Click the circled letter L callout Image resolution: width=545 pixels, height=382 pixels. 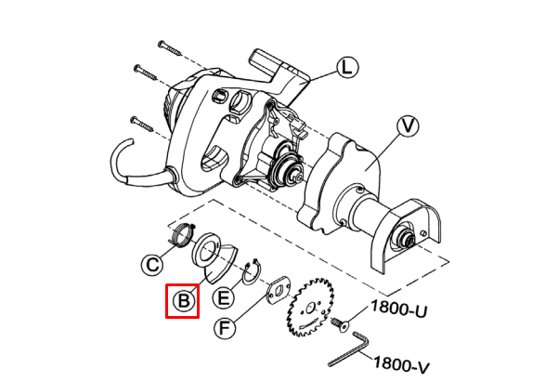347,68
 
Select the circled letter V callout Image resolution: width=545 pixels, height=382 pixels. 408,125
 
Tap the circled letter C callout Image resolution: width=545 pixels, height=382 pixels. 152,265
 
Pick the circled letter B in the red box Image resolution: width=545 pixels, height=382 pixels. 183,300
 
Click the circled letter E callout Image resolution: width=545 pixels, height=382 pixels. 223,298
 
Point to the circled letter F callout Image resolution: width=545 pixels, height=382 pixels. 225,328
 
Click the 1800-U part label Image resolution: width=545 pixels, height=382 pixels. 398,309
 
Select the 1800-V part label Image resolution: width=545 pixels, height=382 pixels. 401,364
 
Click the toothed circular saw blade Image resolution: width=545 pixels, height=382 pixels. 310,307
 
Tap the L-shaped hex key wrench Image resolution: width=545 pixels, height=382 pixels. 347,349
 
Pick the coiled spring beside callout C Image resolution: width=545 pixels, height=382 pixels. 182,235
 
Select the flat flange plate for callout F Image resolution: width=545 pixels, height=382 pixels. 278,290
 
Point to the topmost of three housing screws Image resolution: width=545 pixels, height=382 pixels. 169,48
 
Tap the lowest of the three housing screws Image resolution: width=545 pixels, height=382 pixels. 141,125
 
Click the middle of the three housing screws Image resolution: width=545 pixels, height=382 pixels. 146,72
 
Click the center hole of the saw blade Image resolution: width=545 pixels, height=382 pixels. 311,308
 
